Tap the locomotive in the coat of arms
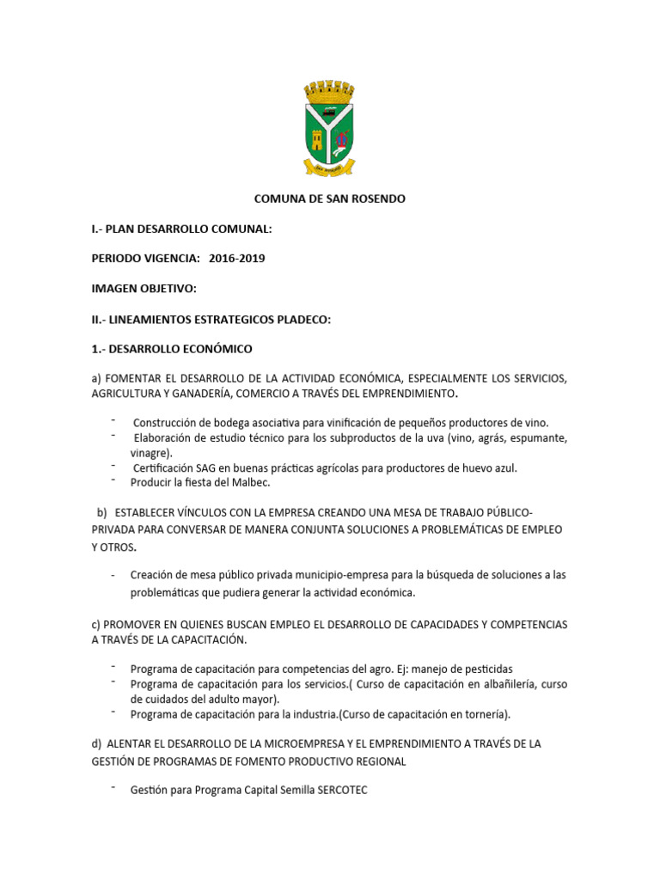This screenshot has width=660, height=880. pos(329,112)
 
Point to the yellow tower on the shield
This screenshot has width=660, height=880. pos(317,138)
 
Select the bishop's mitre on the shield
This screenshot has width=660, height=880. pos(342,139)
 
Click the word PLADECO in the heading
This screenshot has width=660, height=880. pos(302,319)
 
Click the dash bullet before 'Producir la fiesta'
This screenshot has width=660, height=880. pos(113,480)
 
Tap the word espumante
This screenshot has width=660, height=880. pos(536,437)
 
